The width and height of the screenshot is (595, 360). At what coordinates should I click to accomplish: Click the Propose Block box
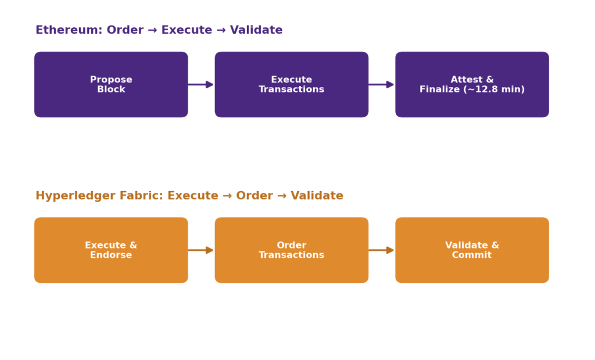(x=111, y=85)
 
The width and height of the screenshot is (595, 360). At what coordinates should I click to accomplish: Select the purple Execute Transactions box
(x=292, y=85)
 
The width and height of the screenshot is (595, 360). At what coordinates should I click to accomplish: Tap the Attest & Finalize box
(x=472, y=85)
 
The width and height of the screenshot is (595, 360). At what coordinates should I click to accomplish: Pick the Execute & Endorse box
(x=111, y=250)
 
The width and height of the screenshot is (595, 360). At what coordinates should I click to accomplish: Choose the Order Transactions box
(x=292, y=250)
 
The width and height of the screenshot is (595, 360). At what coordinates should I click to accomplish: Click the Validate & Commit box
(x=472, y=250)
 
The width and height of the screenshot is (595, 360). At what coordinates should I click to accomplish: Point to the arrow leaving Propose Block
(x=201, y=85)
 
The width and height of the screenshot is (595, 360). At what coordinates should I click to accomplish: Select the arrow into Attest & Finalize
(x=382, y=85)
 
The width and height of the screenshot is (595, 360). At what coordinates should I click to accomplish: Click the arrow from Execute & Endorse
(x=201, y=250)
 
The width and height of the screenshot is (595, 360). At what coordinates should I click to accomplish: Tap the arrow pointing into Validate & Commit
(x=382, y=250)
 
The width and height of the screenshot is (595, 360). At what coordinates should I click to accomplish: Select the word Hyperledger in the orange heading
(x=76, y=196)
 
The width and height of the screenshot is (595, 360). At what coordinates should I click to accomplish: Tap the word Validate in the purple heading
(x=256, y=30)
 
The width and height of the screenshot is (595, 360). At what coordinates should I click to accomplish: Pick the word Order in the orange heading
(x=255, y=195)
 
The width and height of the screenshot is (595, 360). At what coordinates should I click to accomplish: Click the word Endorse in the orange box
(x=111, y=255)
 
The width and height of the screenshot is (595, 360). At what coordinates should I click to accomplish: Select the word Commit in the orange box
(x=472, y=255)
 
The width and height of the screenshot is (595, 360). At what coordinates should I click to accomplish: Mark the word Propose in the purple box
(x=111, y=80)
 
